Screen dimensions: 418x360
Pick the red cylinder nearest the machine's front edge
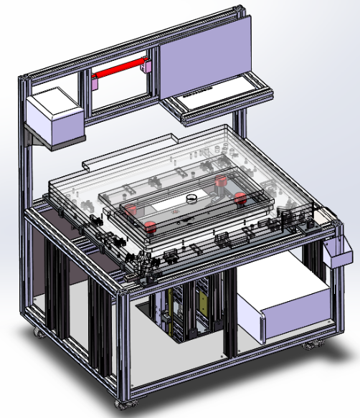[151, 227]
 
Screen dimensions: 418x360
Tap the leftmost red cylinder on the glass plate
[131, 209]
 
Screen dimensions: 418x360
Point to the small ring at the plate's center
[191, 198]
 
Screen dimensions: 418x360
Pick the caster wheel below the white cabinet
[311, 346]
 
